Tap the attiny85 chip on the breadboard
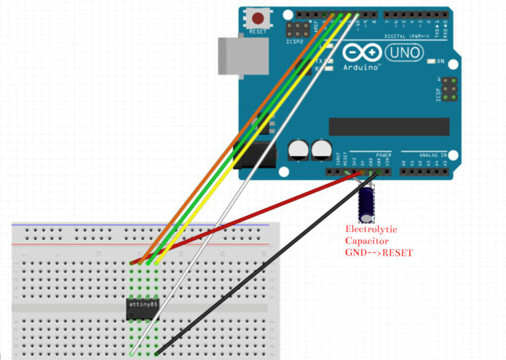[x=143, y=308]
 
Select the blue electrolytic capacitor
[x=366, y=204]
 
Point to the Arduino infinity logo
[x=361, y=53]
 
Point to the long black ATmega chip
[x=389, y=127]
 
